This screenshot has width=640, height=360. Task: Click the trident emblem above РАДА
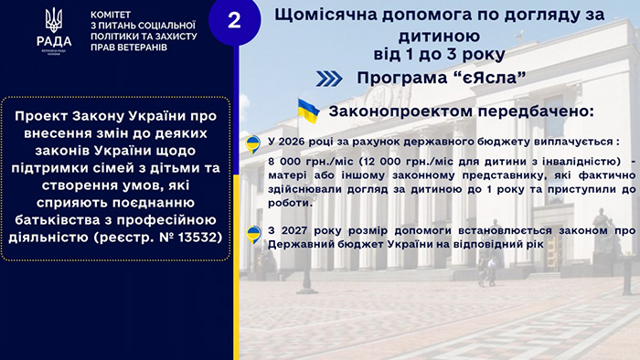[54, 20]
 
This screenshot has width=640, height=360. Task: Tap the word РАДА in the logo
[54, 41]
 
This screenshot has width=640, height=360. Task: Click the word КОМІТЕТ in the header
[111, 15]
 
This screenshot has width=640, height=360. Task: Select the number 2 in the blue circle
[234, 20]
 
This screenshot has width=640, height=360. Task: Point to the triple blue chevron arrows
[329, 79]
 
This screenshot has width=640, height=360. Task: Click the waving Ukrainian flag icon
[308, 111]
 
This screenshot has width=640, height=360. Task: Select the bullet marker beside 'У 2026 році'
[253, 144]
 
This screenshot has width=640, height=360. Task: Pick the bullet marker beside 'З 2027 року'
[253, 235]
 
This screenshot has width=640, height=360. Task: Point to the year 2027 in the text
[293, 231]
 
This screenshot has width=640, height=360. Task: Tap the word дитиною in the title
[439, 36]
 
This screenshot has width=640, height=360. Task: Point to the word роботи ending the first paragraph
[290, 203]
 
